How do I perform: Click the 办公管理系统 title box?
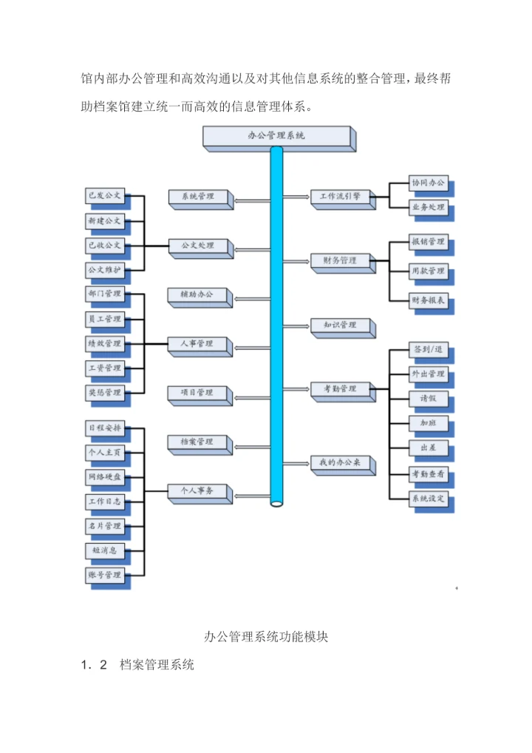[x=276, y=136]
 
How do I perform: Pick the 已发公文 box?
[x=104, y=196]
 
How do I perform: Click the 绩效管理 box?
[x=104, y=343]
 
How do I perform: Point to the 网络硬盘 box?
[x=104, y=477]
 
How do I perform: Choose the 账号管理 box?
[x=104, y=574]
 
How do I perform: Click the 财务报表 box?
[x=428, y=300]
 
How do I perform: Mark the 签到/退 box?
[x=428, y=349]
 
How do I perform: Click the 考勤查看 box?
[x=428, y=473]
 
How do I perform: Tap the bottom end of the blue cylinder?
[x=277, y=503]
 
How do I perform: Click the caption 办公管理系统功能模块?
[x=265, y=637]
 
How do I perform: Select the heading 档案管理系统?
[x=157, y=665]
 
